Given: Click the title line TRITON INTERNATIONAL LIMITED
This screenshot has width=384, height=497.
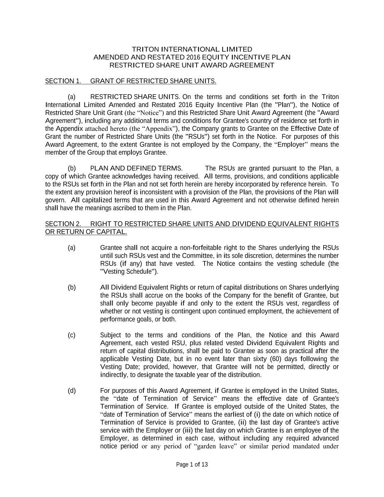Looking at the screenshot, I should coord(192,49).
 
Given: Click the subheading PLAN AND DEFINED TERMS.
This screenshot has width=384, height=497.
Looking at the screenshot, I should coord(136,168).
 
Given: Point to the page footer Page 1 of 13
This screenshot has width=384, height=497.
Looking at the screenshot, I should coord(192,464).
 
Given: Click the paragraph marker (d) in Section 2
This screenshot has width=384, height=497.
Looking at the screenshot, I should coord(72,391).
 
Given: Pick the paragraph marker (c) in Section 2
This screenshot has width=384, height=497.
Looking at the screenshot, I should coord(72,335).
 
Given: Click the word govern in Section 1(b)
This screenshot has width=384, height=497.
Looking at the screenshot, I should coord(55,200).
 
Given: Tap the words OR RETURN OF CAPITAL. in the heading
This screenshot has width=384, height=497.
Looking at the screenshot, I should coord(86,232).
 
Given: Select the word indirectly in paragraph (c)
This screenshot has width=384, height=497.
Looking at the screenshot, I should coord(113,375).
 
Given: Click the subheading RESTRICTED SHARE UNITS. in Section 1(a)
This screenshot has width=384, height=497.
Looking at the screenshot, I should coord(135,97).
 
